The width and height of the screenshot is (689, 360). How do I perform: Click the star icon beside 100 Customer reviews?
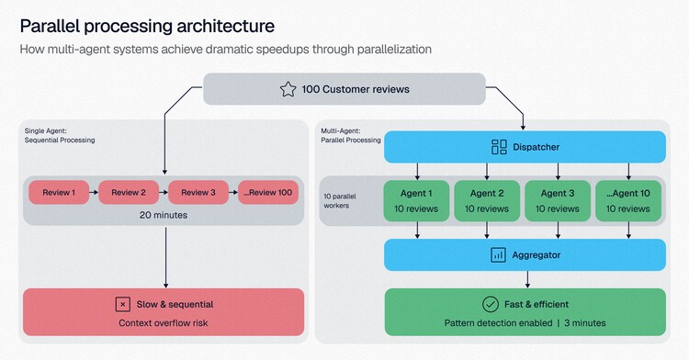pos(288,89)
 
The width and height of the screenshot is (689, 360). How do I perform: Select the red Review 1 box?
pos(59,192)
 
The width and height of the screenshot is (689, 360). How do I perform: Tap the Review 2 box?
pos(129,192)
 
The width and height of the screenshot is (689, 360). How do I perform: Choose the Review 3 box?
pos(198,192)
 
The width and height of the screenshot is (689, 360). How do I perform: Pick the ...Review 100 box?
pos(268,192)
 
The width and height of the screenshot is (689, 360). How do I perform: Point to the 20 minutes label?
pos(164,215)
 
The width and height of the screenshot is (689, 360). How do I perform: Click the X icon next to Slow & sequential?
pos(122,304)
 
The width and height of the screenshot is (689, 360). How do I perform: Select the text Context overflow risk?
pos(164,323)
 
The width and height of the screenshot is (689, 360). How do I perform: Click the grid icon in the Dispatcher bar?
pos(499,147)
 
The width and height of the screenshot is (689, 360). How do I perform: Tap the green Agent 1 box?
pos(416,200)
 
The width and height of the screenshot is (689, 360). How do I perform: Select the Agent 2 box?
pos(487,200)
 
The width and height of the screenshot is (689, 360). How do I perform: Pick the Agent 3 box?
pos(558,200)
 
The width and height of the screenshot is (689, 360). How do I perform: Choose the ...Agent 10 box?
pos(628,200)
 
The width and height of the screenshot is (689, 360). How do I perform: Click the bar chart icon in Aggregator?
pos(498,255)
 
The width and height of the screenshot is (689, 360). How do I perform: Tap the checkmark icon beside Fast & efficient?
pos(491,304)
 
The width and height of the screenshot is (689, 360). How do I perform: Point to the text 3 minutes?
pos(585,323)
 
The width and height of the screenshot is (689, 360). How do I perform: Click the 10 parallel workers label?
pos(340,201)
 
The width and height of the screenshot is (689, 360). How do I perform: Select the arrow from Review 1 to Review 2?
pos(94,192)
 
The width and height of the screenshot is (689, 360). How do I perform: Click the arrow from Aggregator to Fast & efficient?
pos(527,279)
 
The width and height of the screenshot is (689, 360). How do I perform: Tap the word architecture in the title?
pos(226,26)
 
